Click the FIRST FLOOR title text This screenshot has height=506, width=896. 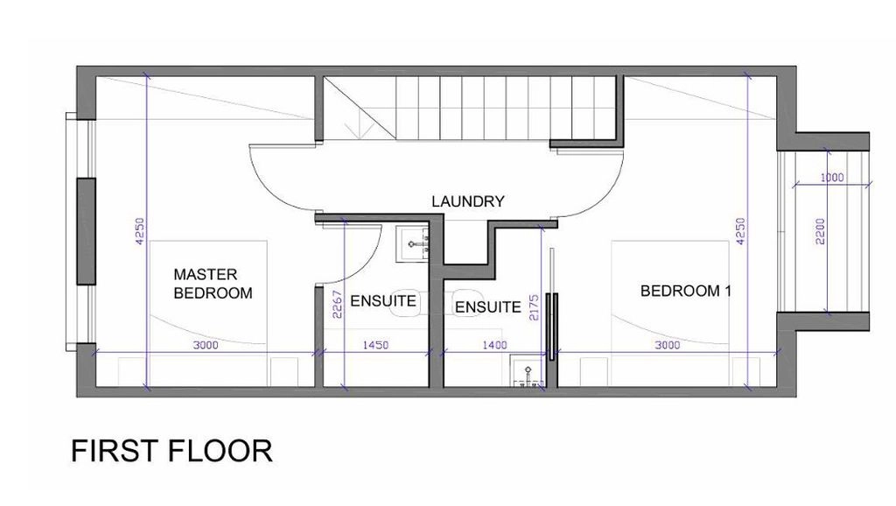pos(171,451)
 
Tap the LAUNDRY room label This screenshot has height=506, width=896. pos(468,201)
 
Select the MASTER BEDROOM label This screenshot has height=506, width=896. pos(213,284)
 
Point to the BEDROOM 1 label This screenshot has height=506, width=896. pos(686,291)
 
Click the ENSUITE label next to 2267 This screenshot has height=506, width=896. pos(383,301)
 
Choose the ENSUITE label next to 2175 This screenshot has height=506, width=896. pos(488,307)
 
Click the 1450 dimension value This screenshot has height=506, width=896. pos(375,345)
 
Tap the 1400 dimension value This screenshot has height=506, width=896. pos(495,345)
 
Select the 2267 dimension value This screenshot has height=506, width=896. pos(337,304)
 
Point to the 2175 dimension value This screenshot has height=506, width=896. pos(535,307)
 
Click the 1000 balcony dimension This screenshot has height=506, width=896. pos(832,177)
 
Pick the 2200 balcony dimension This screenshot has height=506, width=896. pos(821,231)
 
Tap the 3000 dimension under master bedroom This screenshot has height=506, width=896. pos(206,345)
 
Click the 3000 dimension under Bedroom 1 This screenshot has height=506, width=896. pos(668,345)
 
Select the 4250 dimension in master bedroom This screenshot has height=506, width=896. pos(140,231)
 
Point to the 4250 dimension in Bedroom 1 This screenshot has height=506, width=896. pos(740,231)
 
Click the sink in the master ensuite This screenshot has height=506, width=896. pos(412,244)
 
